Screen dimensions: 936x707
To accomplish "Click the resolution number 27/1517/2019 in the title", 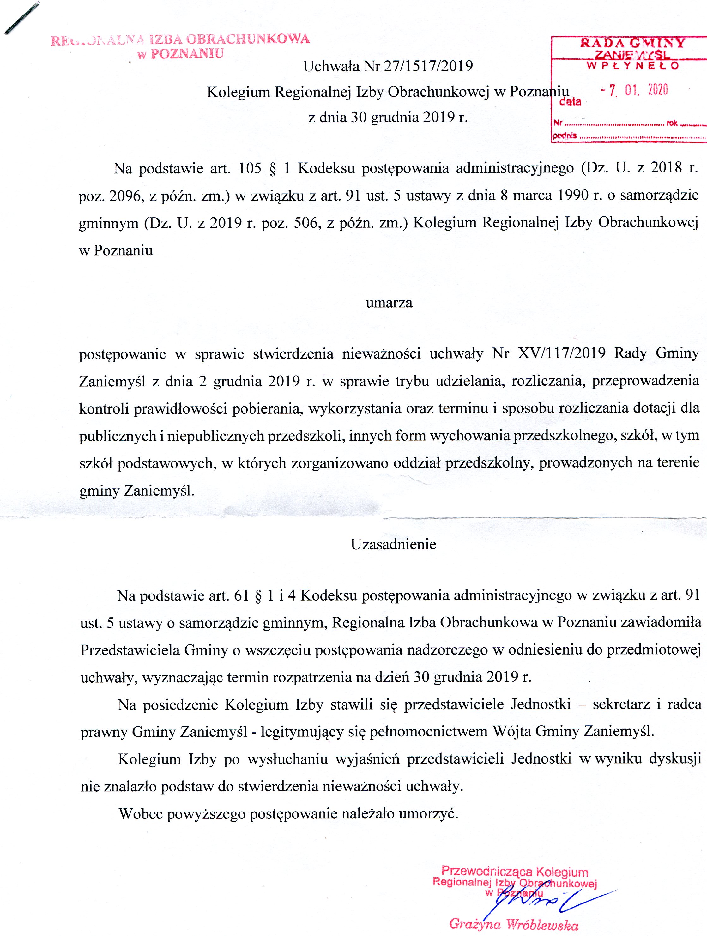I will pos(427,66).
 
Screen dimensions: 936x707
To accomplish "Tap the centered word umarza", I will pos(389,303).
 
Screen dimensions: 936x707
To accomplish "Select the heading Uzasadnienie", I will pos(393,544).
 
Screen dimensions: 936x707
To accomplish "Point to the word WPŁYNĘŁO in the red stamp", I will pos(632,66).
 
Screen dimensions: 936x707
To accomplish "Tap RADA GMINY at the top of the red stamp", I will pos(632,43).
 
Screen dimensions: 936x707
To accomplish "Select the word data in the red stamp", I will pos(570,102).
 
